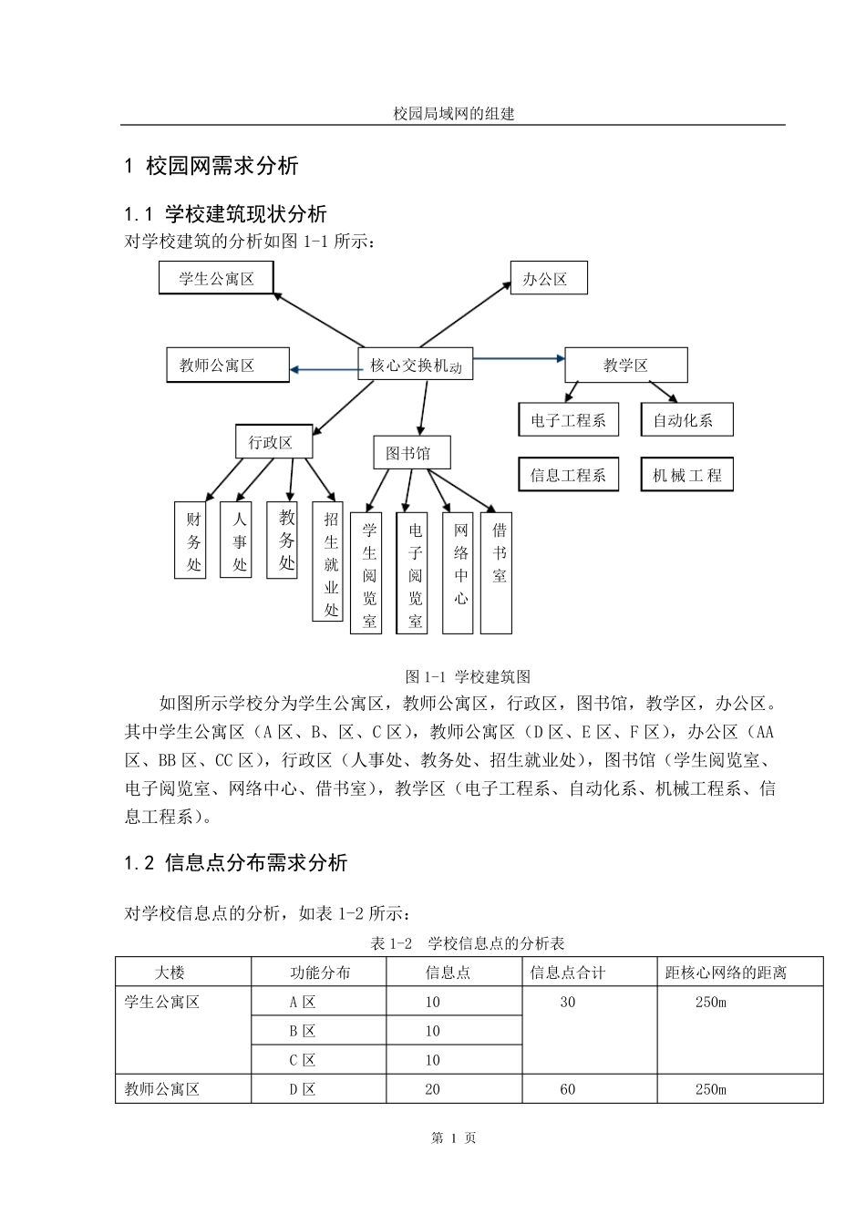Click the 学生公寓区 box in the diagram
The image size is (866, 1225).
216,278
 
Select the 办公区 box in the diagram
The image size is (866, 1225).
548,279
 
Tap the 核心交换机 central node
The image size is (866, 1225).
416,365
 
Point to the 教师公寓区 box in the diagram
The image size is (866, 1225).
228,365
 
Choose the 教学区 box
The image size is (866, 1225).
626,365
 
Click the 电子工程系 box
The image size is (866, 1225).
568,420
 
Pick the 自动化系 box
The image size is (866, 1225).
686,420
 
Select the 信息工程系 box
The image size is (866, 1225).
568,475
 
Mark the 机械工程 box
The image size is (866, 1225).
686,475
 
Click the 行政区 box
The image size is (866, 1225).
273,442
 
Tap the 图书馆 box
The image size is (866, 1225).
412,453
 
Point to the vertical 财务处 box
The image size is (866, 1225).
193,540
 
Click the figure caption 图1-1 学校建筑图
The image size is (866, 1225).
468,676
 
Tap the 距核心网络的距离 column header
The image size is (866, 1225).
726,973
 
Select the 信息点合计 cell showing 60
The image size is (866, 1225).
568,1089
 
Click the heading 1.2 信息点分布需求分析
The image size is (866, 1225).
235,862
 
